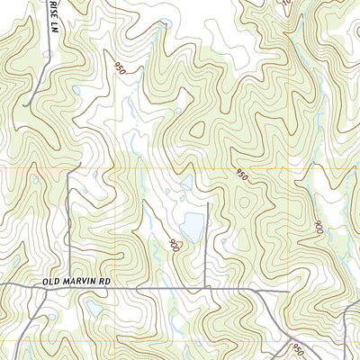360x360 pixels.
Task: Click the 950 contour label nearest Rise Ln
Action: tap(121, 67)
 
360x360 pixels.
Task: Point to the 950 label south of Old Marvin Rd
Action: tap(297, 349)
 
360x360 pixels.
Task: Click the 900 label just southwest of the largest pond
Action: tap(174, 243)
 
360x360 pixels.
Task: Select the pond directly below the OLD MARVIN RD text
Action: tap(94, 309)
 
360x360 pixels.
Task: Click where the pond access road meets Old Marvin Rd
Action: tap(209, 290)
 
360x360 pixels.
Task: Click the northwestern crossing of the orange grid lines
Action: tap(116, 167)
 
